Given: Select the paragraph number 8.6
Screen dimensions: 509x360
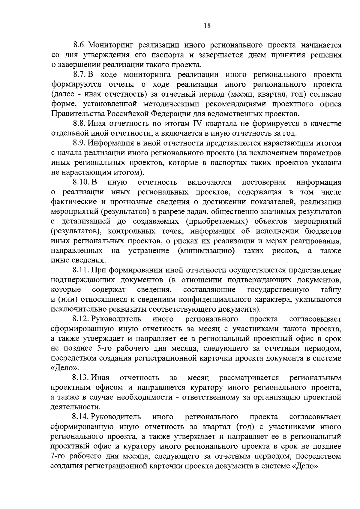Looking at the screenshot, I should (80, 45).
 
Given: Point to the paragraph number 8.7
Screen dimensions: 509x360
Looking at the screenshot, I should (80, 75).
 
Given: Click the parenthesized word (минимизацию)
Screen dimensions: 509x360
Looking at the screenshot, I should (206, 250).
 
